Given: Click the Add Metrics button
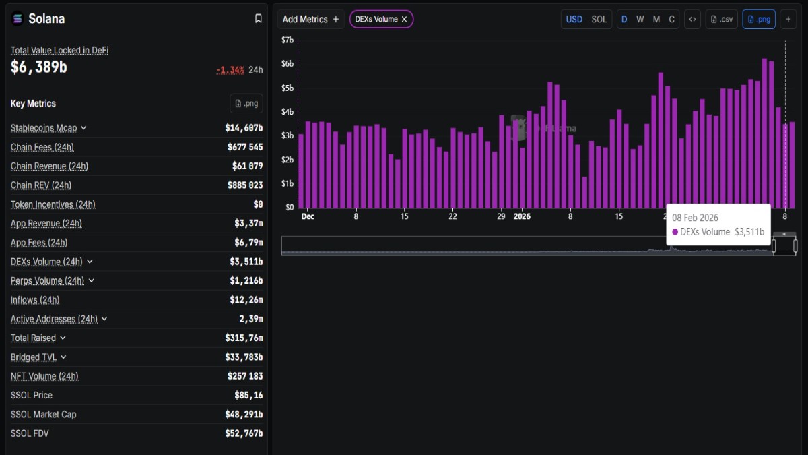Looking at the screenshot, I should [x=310, y=19].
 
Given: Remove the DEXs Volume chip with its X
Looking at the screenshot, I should [x=404, y=20].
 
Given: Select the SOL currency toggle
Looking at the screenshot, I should [x=599, y=19].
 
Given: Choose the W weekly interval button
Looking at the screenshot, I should [x=640, y=19].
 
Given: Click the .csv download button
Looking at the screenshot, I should [x=721, y=19].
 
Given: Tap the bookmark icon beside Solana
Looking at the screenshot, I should [x=258, y=19].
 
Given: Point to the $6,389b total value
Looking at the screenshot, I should [x=39, y=67].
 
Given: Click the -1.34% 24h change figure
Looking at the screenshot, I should [x=230, y=70].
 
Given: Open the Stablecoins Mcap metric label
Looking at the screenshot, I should [x=44, y=128].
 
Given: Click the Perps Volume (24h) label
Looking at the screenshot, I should [x=47, y=280].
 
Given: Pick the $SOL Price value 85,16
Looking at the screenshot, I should [x=249, y=395].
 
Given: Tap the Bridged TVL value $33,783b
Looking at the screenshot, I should [x=244, y=357].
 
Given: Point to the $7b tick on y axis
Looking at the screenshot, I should [x=288, y=40].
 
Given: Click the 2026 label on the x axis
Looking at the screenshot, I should [x=522, y=216].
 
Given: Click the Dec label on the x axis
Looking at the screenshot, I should [x=308, y=216].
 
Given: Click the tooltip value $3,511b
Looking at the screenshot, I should [x=749, y=232].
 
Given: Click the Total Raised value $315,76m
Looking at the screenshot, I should [x=244, y=338].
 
